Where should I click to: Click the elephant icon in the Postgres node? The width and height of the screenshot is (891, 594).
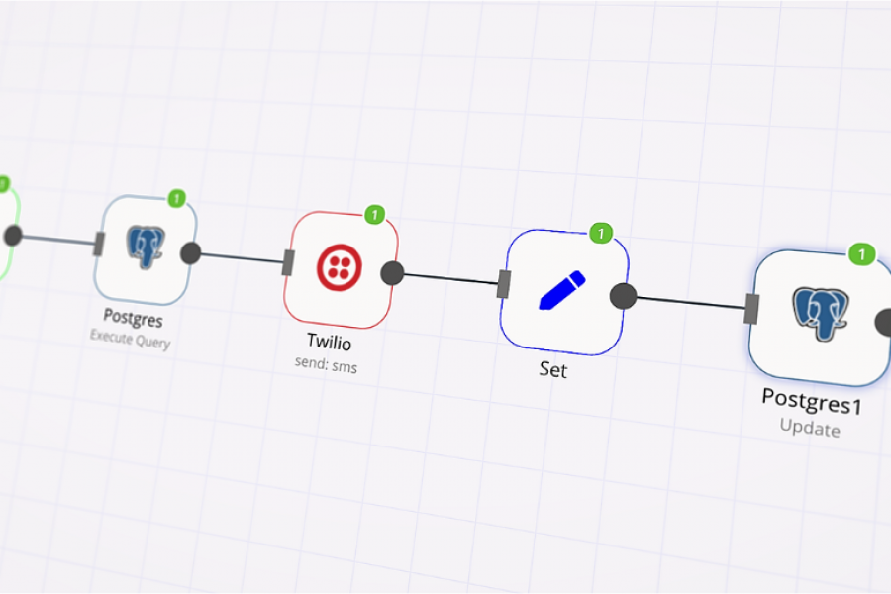coord(146,247)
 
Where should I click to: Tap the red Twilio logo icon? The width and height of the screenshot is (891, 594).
coord(339,267)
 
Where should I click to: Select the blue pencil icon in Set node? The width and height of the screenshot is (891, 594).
coord(561,290)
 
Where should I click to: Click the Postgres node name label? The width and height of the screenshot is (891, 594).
coord(133,319)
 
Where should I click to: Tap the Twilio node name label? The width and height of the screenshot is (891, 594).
coord(329,343)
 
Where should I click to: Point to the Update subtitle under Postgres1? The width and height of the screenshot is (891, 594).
coord(810,429)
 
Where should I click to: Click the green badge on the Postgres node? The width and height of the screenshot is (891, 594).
coord(177,199)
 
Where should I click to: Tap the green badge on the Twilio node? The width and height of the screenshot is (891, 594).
coord(374,214)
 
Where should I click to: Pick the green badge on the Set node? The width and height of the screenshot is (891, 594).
coord(601,234)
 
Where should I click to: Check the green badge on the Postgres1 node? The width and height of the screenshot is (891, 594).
coord(862,254)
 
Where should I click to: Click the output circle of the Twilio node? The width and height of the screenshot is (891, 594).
coord(392,273)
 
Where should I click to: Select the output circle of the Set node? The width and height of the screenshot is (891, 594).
coord(623,296)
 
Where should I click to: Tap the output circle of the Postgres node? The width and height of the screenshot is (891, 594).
coord(191,252)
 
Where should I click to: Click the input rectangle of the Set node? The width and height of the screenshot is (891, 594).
coord(504,284)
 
